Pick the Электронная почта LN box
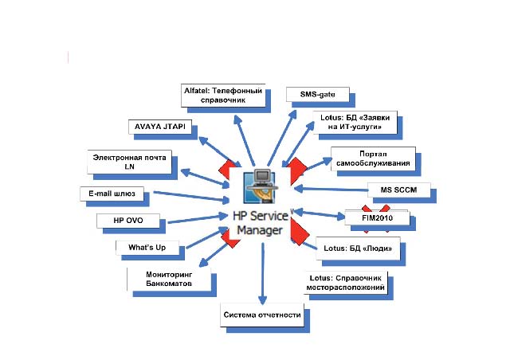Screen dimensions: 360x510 coord(129,162)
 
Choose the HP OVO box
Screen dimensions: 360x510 coord(128,220)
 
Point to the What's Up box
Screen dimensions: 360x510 coord(147,247)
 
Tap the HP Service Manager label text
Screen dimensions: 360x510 coord(261,222)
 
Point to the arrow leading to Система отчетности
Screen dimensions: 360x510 coord(261,271)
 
